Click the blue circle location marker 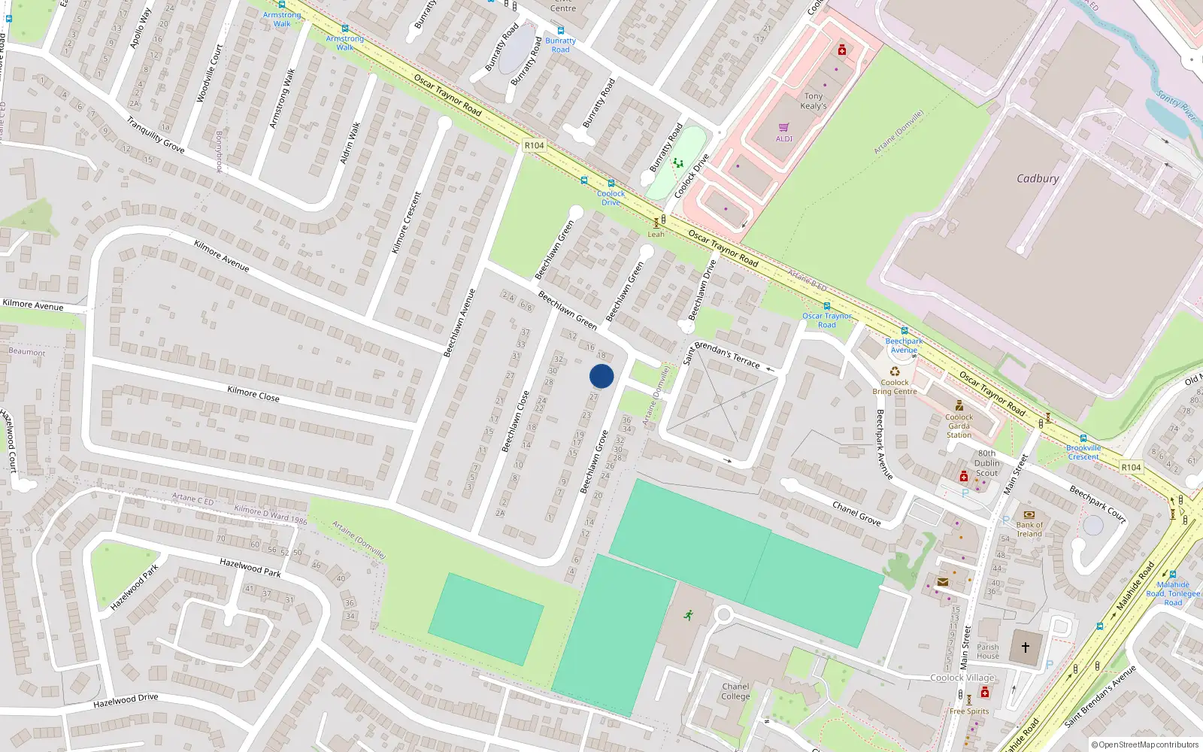pos(601,376)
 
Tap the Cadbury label pos(1037,179)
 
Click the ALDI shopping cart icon pos(784,128)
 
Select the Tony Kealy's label pos(814,101)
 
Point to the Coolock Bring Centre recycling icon pos(895,371)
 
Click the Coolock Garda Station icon pos(959,406)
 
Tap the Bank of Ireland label pos(1029,529)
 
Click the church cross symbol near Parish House pos(1025,647)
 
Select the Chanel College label pos(735,691)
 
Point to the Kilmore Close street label pos(253,393)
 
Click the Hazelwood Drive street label pos(126,701)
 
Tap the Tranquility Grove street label pos(155,135)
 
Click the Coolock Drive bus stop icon pos(611,183)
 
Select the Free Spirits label pos(969,711)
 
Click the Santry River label pos(1176,105)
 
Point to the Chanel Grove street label pos(856,513)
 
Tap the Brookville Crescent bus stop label pos(1083,452)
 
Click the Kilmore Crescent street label pos(407,222)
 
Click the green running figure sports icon pos(688,615)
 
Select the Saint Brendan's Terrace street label pos(722,354)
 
